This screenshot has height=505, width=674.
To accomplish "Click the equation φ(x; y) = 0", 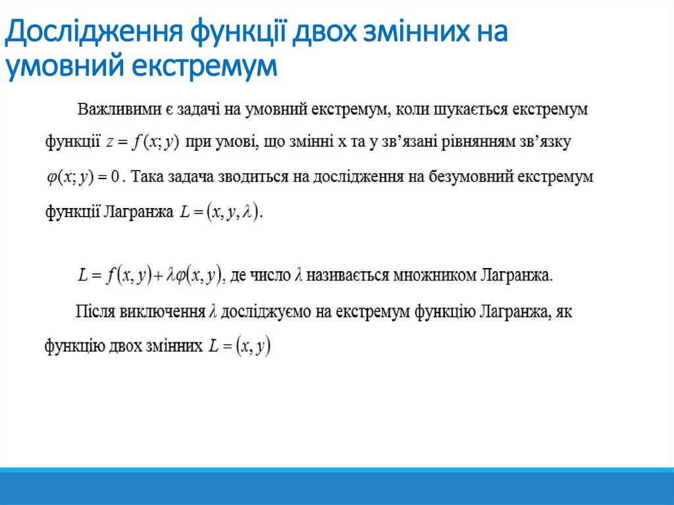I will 82,177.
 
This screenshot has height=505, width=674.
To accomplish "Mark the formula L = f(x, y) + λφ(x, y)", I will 149,276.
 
